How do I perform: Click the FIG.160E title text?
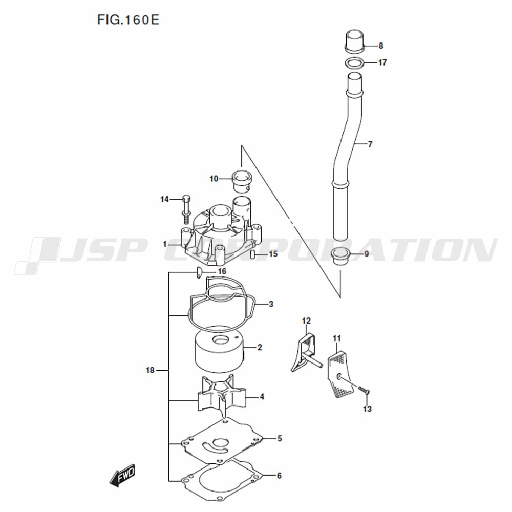[129, 20]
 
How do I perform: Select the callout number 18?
[150, 370]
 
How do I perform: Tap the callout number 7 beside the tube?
[370, 144]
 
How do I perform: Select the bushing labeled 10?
[241, 182]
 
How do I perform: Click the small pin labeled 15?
[252, 254]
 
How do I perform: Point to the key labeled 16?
[199, 273]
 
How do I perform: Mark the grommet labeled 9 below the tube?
[340, 257]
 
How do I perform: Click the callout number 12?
[306, 322]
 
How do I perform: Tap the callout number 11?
[337, 338]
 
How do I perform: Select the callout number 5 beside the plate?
[280, 438]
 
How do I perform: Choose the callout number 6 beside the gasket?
[279, 476]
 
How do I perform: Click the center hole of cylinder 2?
[220, 340]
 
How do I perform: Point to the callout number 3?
[271, 304]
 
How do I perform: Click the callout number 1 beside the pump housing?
[165, 244]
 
